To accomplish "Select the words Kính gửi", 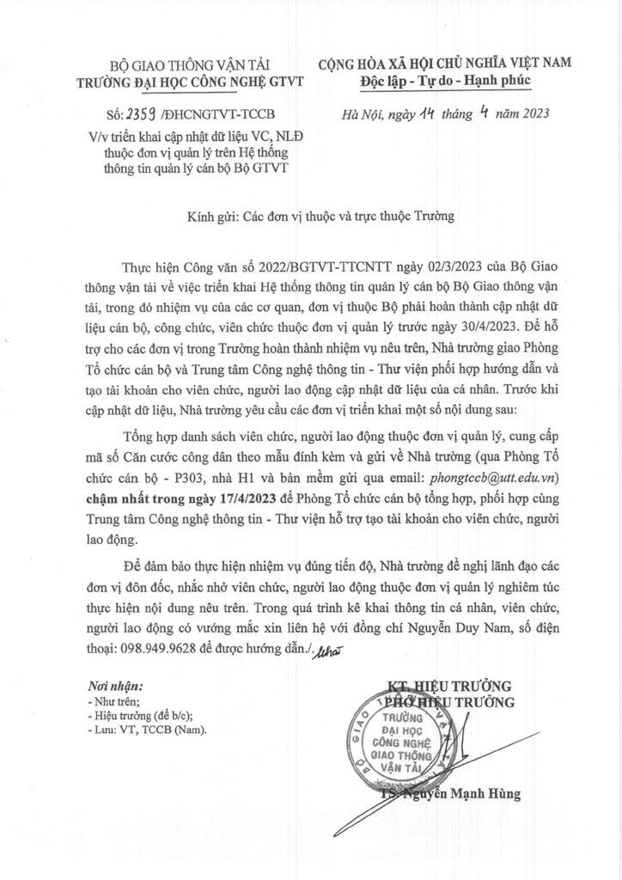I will [210, 217].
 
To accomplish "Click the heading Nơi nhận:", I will [116, 686].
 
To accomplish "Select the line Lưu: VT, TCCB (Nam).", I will [148, 729].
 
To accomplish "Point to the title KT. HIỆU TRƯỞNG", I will [448, 686].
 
